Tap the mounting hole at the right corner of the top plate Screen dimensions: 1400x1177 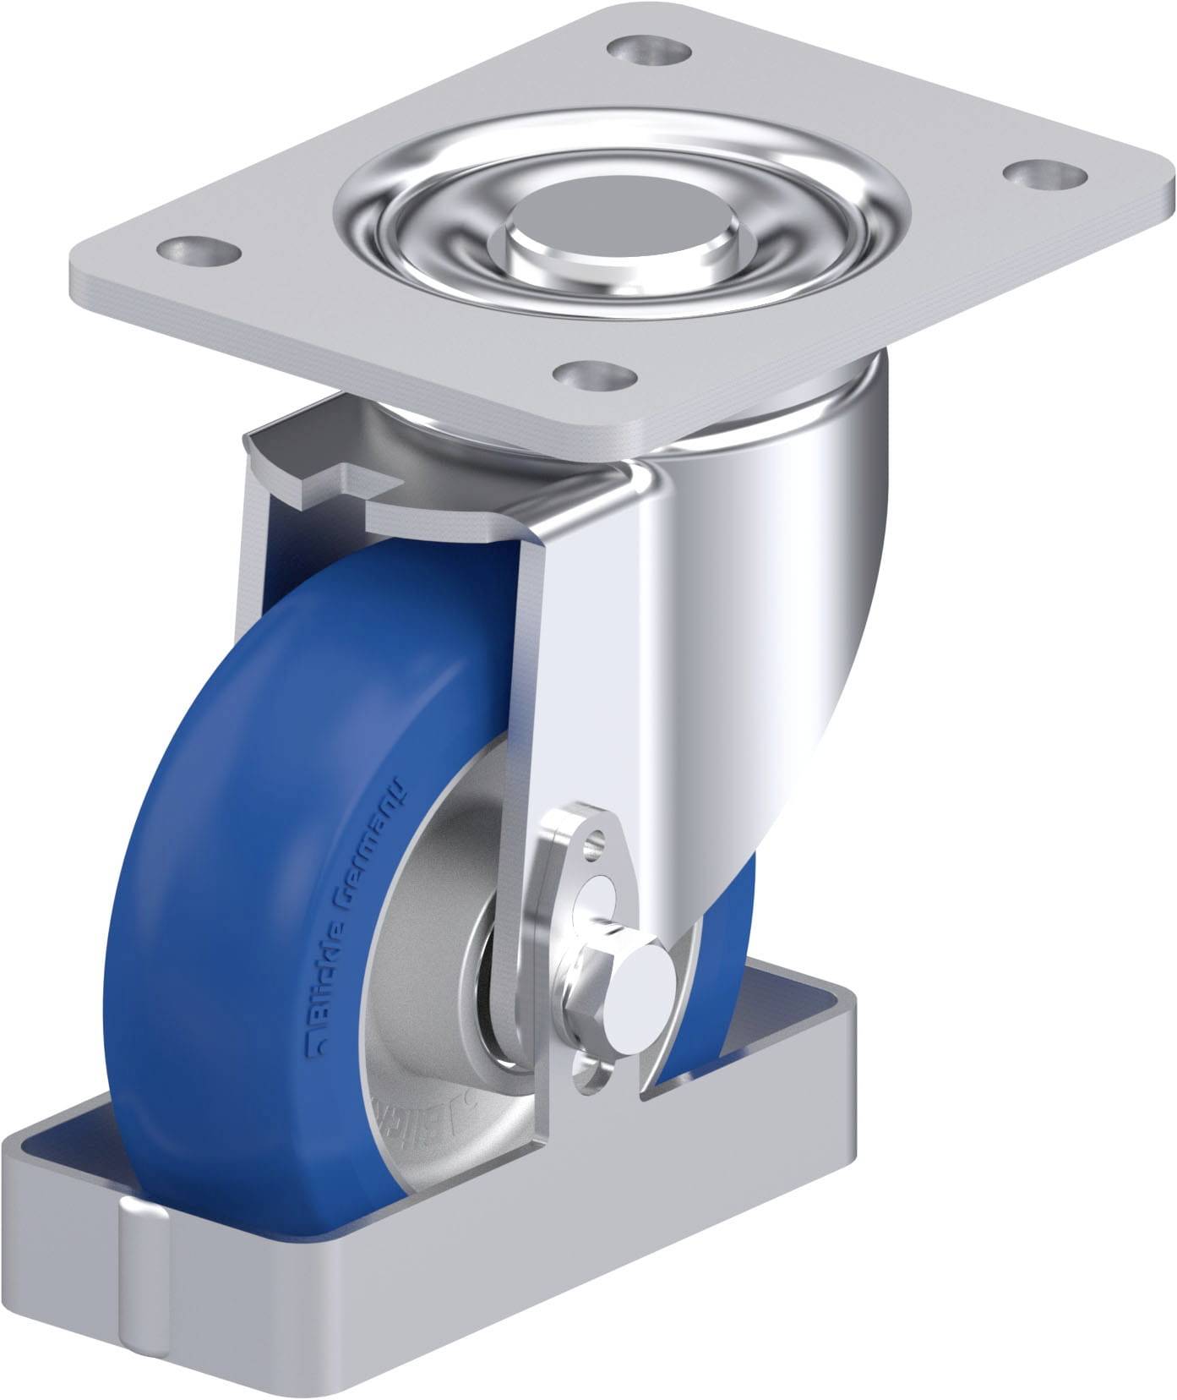pyautogui.click(x=1035, y=174)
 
